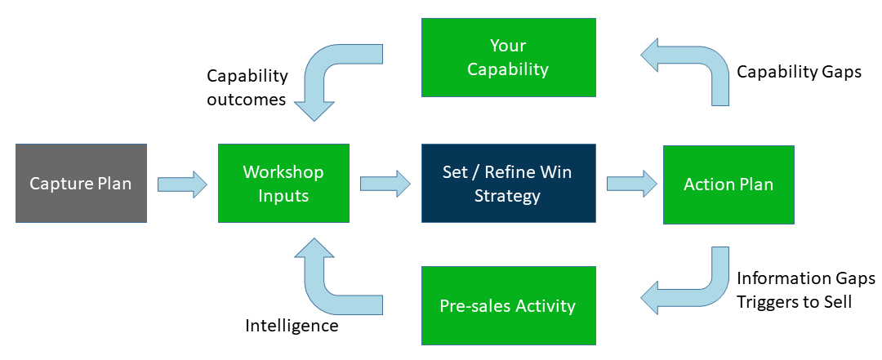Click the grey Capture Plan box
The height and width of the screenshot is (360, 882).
coord(81,184)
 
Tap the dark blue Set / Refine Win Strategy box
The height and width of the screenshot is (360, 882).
coord(508,184)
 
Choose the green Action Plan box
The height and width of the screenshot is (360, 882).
coord(728,184)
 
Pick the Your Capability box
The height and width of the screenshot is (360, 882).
coord(508,57)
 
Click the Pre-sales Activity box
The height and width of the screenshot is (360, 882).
coord(508,306)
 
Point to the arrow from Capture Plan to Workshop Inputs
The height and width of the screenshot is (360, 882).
coord(182,184)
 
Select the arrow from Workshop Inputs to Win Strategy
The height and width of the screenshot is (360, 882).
coord(385,184)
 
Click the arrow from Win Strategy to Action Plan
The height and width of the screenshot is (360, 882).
coord(631,184)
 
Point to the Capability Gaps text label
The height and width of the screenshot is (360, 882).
coord(799,72)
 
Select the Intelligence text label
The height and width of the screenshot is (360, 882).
coord(292,326)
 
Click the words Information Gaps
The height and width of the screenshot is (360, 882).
coord(805,279)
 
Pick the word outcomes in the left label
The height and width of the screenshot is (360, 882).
coord(246,100)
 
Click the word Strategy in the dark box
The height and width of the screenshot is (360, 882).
coord(508,195)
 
